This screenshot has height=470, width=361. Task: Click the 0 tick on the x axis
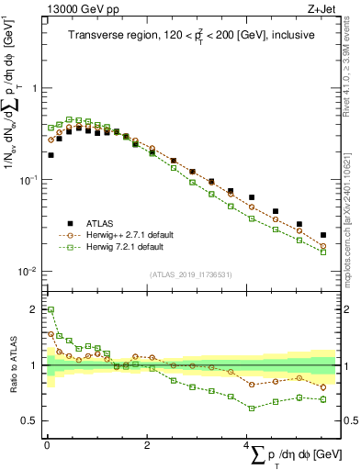coord(47,444)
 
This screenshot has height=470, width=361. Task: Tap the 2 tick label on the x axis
coord(147,444)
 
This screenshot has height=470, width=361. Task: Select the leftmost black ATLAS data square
coord(51,155)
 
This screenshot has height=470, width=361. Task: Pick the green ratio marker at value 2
coord(51,309)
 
